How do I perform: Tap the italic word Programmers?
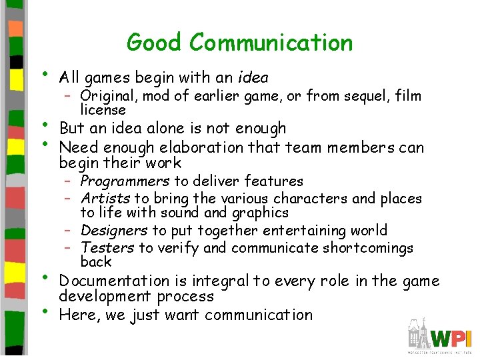(125, 181)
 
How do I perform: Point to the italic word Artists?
(105, 199)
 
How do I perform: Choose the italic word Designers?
(113, 231)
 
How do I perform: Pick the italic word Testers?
(107, 248)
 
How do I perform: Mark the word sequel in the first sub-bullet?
(364, 96)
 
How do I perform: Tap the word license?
(103, 109)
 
